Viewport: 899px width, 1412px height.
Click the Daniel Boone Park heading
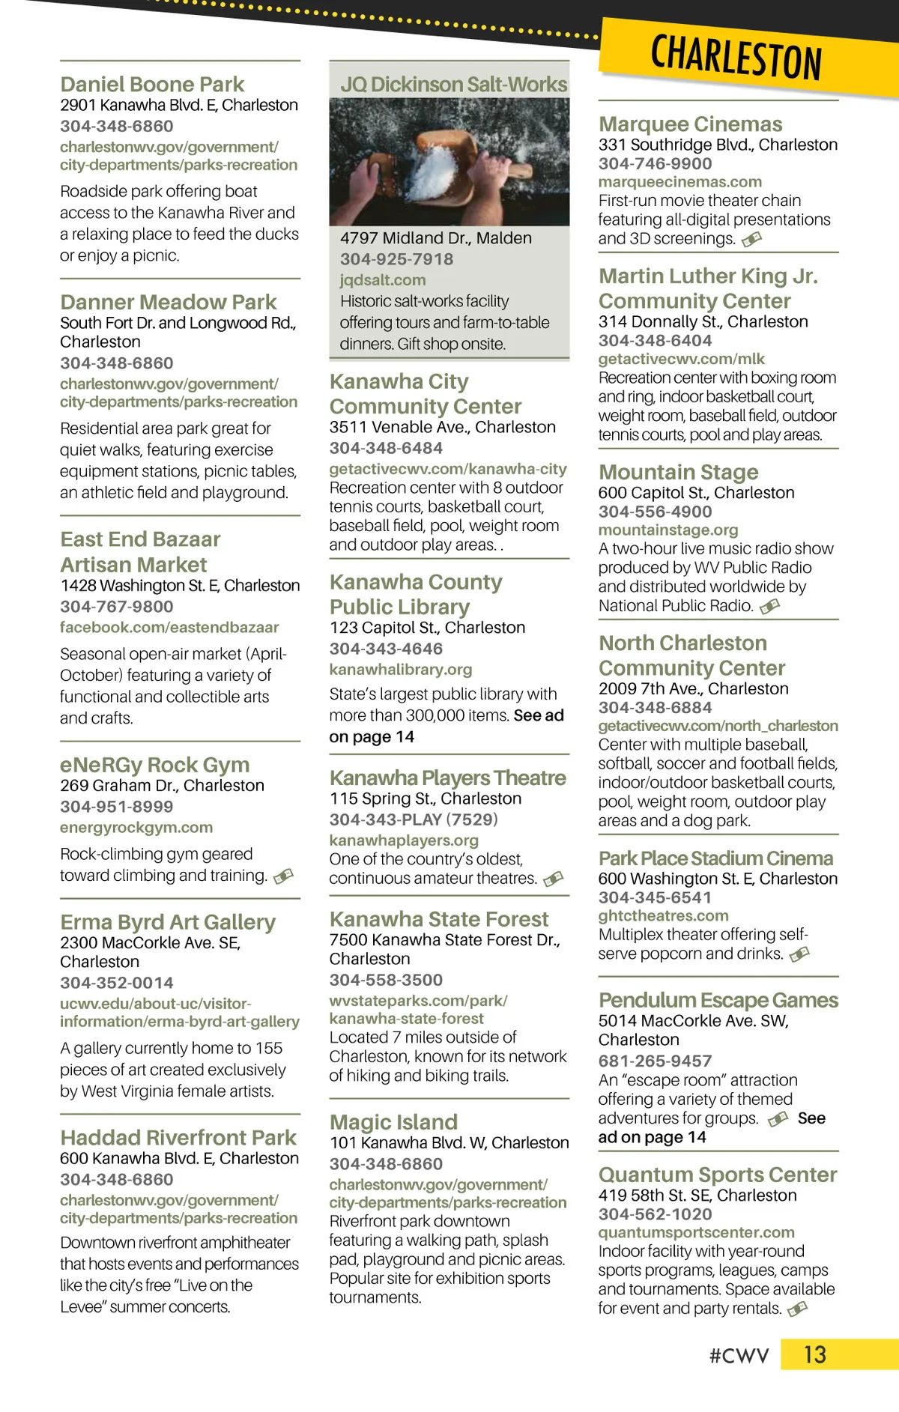click(152, 84)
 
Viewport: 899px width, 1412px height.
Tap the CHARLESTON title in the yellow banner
click(736, 57)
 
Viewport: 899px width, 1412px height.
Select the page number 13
click(814, 1354)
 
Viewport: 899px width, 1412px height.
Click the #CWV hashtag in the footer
click(739, 1356)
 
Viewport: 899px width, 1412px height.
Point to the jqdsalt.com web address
click(382, 279)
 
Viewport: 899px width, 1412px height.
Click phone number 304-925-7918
click(396, 258)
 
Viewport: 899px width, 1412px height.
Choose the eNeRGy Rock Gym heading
click(154, 764)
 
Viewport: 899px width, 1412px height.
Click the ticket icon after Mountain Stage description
click(769, 606)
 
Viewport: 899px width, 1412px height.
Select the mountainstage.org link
click(668, 530)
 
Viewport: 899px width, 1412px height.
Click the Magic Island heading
click(393, 1121)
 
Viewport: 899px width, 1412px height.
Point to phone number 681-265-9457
click(655, 1060)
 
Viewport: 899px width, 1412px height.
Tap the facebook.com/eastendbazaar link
click(169, 627)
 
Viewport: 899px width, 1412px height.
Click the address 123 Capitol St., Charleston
click(427, 627)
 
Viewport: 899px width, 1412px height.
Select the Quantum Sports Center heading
click(717, 1174)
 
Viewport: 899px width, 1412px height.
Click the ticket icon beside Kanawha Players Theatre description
click(553, 879)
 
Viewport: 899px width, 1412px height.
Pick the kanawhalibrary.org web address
click(401, 669)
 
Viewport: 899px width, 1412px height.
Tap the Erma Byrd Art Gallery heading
click(168, 921)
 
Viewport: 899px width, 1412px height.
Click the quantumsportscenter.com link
click(696, 1232)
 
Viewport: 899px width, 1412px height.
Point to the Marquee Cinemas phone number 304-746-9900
click(655, 163)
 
